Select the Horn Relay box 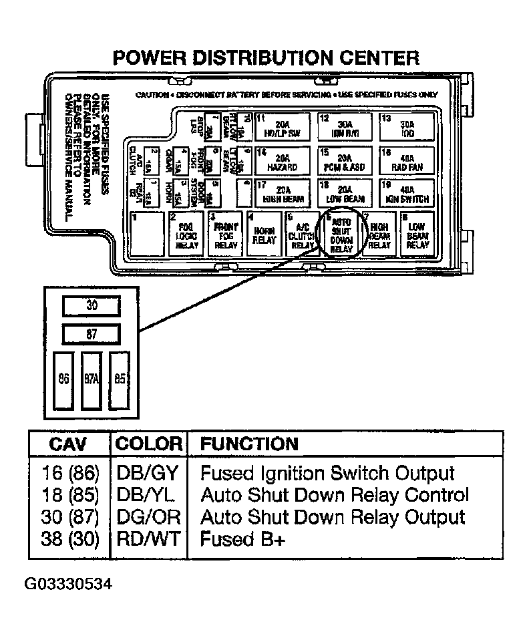[264, 234]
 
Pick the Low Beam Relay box [417, 234]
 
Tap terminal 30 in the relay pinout [92, 307]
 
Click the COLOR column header [148, 444]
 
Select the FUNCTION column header [249, 444]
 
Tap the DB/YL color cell [148, 495]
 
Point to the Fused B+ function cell [242, 538]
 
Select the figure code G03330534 [68, 585]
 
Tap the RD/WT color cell [148, 538]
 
